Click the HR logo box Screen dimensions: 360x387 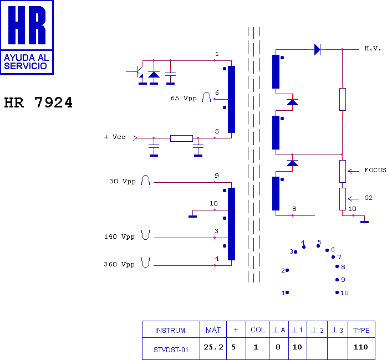click(27, 37)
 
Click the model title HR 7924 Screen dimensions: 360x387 click(38, 103)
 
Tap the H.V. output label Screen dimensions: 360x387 click(373, 49)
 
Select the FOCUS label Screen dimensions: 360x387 click(375, 170)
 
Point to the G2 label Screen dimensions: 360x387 click(369, 198)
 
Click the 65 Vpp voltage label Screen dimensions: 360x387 click(183, 98)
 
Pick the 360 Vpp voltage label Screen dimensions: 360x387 click(119, 264)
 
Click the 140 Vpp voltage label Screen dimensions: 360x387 click(119, 236)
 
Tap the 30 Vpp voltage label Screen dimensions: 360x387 click(123, 181)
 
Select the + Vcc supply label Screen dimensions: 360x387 click(114, 137)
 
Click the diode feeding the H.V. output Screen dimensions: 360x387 click(317, 49)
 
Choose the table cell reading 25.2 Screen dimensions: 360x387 click(213, 348)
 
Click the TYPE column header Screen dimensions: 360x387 click(361, 330)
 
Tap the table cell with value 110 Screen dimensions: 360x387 click(361, 348)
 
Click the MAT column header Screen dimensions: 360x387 click(213, 330)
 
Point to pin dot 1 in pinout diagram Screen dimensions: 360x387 click(287, 292)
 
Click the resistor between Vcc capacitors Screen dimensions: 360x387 click(181, 138)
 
